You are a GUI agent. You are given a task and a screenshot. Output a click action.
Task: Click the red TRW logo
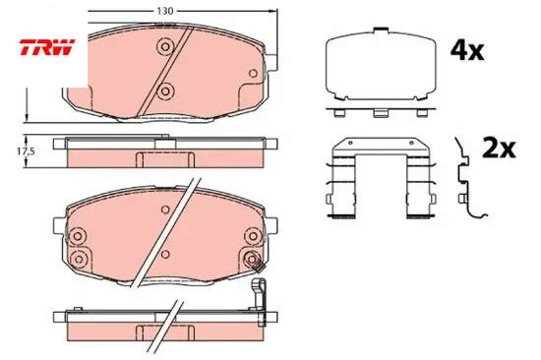tap(46, 47)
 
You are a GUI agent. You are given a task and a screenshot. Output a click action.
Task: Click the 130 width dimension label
tap(164, 11)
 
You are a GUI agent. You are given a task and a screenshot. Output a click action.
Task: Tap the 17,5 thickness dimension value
tap(27, 151)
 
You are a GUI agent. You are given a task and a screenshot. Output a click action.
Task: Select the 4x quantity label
tap(467, 51)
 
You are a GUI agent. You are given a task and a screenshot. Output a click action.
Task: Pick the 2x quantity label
tap(499, 149)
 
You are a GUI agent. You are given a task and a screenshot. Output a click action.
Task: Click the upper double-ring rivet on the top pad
tap(165, 46)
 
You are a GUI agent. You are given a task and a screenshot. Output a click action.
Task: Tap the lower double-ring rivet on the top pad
tap(165, 91)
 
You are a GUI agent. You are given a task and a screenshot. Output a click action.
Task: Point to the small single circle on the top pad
tap(253, 73)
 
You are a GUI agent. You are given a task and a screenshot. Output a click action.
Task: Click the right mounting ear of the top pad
tap(270, 63)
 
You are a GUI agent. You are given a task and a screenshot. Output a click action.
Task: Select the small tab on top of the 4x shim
tap(381, 30)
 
